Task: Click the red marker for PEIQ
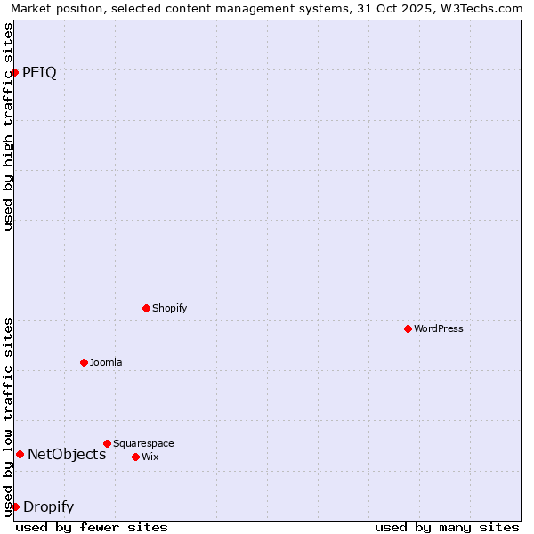[x=15, y=72]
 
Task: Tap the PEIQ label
[x=39, y=73]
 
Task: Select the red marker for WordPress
[x=408, y=328]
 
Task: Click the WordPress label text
[x=438, y=328]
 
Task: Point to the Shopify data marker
[x=146, y=308]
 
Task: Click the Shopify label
[x=169, y=308]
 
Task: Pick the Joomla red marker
[x=84, y=362]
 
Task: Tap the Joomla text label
[x=106, y=362]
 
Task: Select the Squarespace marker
[x=107, y=443]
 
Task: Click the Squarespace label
[x=143, y=443]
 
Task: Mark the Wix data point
[x=135, y=457]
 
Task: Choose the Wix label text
[x=150, y=457]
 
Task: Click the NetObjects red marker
[x=20, y=454]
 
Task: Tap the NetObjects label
[x=67, y=455]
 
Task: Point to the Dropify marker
[x=15, y=506]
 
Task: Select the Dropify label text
[x=48, y=507]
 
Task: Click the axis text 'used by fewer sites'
[x=92, y=527]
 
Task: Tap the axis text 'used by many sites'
[x=447, y=527]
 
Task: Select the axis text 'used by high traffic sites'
[x=8, y=126]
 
